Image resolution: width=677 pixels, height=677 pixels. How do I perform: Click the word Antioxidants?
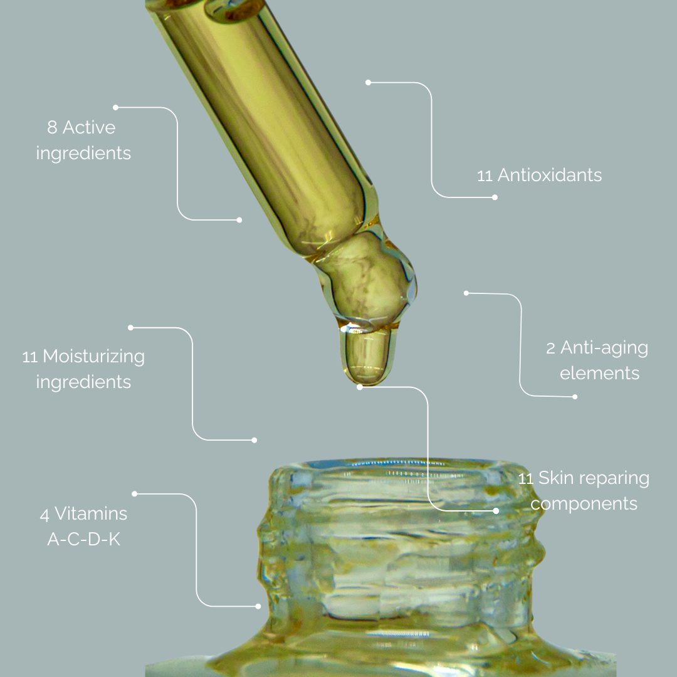[x=549, y=175]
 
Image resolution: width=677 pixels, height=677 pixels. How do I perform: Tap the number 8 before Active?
[x=52, y=128]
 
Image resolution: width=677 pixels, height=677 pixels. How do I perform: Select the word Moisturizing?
[x=93, y=357]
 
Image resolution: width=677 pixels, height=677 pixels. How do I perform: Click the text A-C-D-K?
[x=83, y=538]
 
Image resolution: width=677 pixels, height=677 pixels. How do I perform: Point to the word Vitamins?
[x=91, y=514]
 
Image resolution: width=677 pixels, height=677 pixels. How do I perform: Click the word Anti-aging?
[x=604, y=348]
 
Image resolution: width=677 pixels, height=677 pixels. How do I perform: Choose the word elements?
[x=599, y=374]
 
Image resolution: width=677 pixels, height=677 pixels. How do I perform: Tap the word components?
[x=588, y=503]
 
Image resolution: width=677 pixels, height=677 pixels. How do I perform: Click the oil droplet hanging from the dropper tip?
[x=365, y=355]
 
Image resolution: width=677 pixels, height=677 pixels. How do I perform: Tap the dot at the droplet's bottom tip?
[x=360, y=387]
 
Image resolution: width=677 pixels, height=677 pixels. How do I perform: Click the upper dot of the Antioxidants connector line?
[x=369, y=82]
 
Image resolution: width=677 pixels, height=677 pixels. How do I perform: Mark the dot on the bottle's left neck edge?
[x=258, y=606]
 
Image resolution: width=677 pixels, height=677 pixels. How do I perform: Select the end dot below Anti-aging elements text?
[x=575, y=397]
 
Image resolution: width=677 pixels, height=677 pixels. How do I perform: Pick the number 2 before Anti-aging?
[x=550, y=349]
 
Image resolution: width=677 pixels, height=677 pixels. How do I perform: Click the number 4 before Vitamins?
[x=45, y=515]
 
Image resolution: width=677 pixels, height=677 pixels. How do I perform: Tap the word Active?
[x=89, y=128]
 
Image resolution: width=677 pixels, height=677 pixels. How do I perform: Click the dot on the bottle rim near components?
[x=496, y=511]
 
